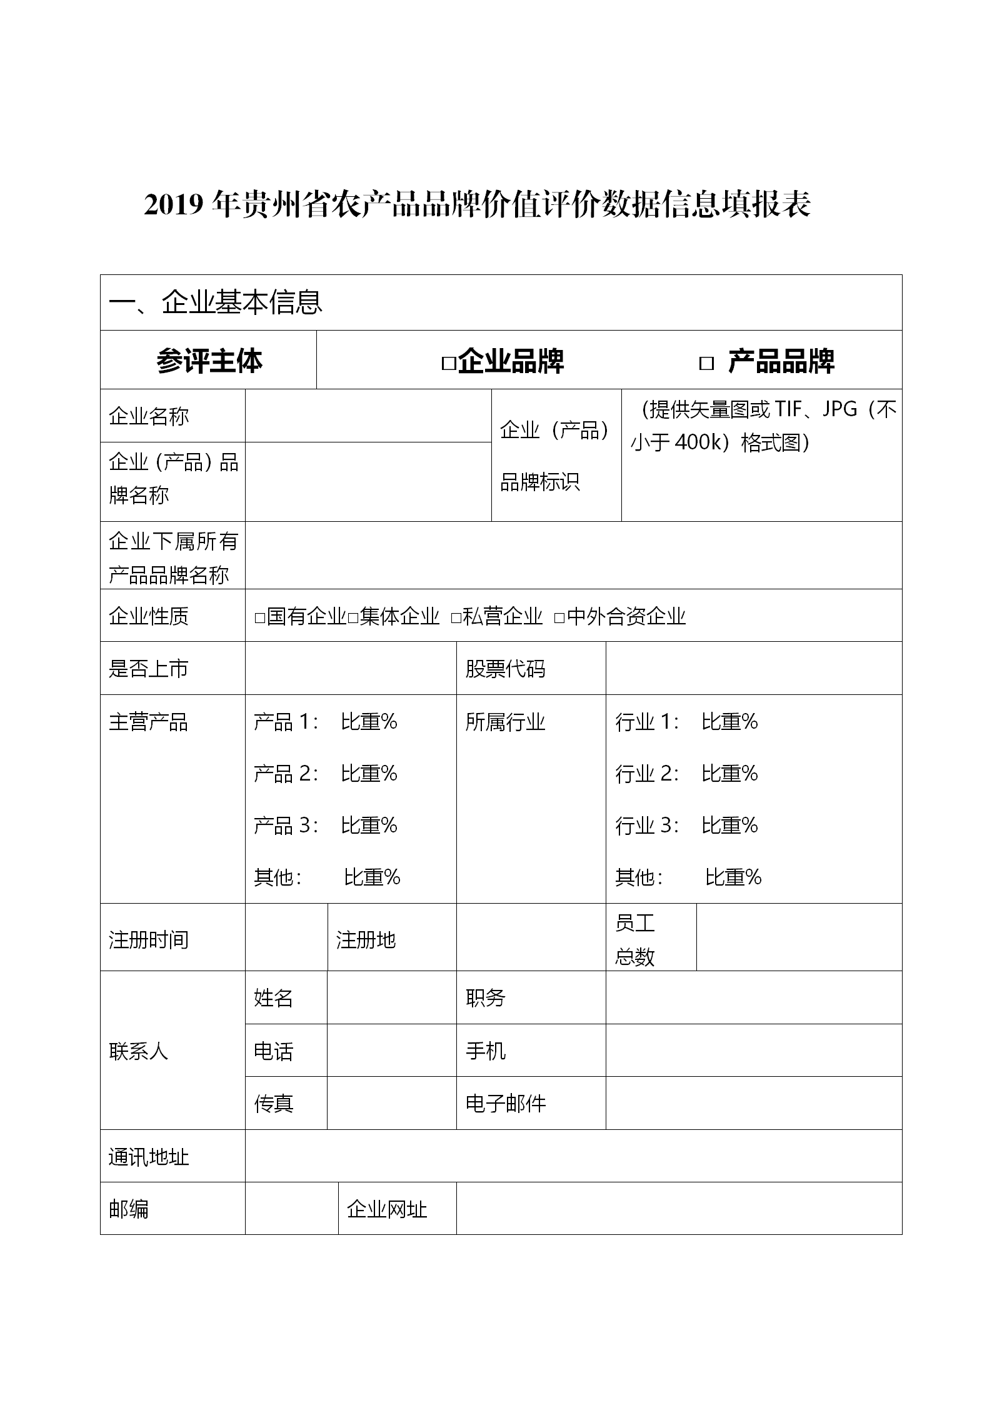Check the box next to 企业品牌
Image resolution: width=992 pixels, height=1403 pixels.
coord(448,363)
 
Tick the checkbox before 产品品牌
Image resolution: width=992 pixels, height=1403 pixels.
coord(706,363)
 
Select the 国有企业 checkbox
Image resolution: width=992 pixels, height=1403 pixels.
coord(260,618)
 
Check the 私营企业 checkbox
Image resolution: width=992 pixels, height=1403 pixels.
coord(456,618)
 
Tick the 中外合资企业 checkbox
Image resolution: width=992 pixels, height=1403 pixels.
coord(559,618)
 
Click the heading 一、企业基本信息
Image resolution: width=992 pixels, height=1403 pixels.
coord(216,302)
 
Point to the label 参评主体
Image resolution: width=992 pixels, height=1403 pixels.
coord(209,361)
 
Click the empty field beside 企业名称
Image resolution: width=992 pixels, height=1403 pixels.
coord(368,416)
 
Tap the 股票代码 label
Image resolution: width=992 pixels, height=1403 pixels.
coord(505,669)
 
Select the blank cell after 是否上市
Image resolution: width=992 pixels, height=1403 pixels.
coord(351,668)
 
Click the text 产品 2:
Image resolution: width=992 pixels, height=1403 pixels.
coord(286,774)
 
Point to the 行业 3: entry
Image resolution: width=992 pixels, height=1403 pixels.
coord(647,826)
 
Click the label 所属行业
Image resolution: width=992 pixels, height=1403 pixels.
coord(505,722)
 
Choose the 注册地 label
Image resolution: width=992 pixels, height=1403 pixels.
coord(366,939)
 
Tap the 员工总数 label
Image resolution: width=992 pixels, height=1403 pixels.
coord(634,939)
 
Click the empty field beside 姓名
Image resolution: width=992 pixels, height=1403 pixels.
coord(391,998)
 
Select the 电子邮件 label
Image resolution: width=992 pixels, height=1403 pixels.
coord(505,1104)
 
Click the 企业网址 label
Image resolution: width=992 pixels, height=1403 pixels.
coord(386,1209)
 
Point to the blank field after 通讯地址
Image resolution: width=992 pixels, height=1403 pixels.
coord(573,1157)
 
